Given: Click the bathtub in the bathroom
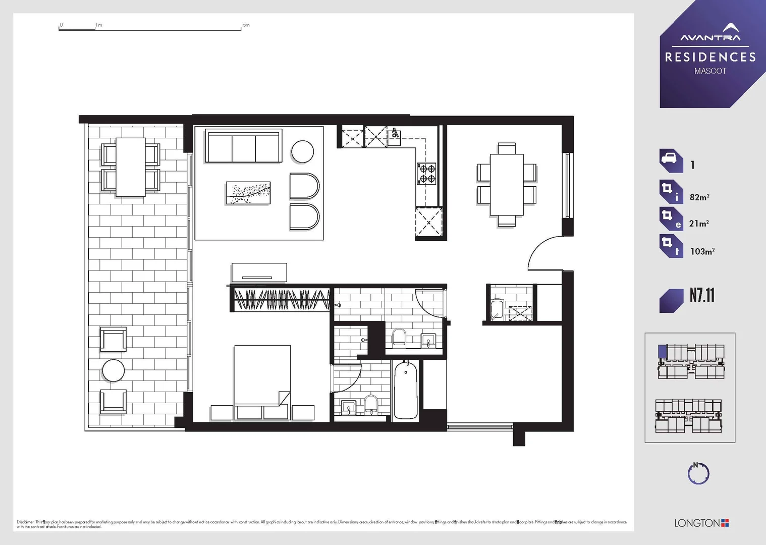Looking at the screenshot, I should click(406, 390).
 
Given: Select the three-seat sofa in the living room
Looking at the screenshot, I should click(243, 146).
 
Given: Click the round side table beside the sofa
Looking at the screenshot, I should click(302, 151).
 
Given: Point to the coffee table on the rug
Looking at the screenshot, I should click(248, 193).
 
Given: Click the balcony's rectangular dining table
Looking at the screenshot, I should click(131, 167).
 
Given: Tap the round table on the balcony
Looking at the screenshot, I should click(113, 370).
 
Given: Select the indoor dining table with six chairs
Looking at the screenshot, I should click(507, 185).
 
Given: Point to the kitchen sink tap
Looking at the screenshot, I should click(395, 133).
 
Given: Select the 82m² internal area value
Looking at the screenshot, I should click(699, 197).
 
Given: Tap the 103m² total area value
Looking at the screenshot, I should click(702, 251).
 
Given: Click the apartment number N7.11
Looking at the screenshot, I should click(702, 296).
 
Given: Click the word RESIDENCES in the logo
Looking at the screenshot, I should click(710, 58).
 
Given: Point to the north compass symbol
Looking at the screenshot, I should click(698, 473).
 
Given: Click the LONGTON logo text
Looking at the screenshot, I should click(697, 523).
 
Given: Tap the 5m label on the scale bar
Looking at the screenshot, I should click(246, 25).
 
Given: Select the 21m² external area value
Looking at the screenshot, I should click(699, 224).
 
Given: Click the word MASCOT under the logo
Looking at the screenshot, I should click(710, 71).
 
